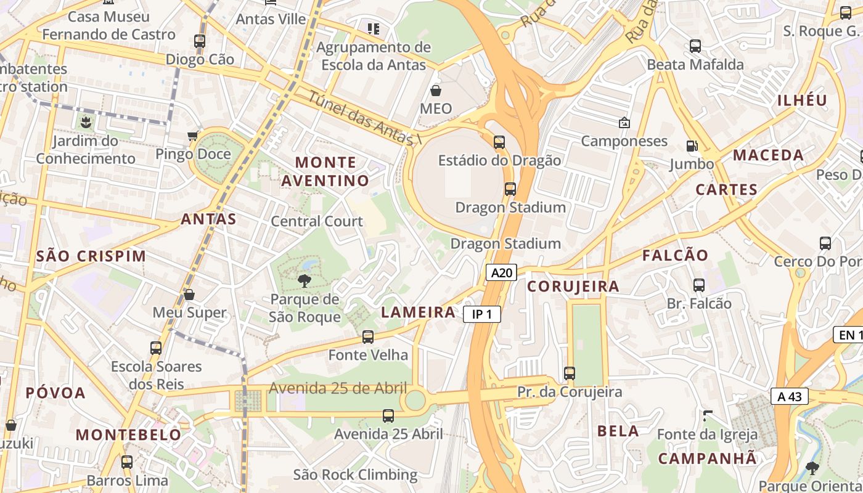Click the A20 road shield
pos(501,273)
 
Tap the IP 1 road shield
pos(481,314)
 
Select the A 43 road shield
pos(789,396)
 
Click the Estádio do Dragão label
pos(499,161)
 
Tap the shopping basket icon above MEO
pos(436,91)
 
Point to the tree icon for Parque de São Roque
pos(304,282)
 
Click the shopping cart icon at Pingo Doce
pos(193,136)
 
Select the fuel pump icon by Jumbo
pos(692,146)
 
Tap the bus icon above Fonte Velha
pos(368,337)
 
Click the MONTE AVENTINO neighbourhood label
pos(325,171)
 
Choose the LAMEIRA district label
pos(419,312)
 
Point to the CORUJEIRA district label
pos(573,286)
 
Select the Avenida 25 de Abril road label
pos(338,388)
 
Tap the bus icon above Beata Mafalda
pos(695,46)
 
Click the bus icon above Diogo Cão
pos(200,41)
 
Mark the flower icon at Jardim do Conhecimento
pos(85,122)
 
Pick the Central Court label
pos(317,221)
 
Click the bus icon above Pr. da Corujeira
pos(570,373)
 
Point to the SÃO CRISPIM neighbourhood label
pos(91,256)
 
